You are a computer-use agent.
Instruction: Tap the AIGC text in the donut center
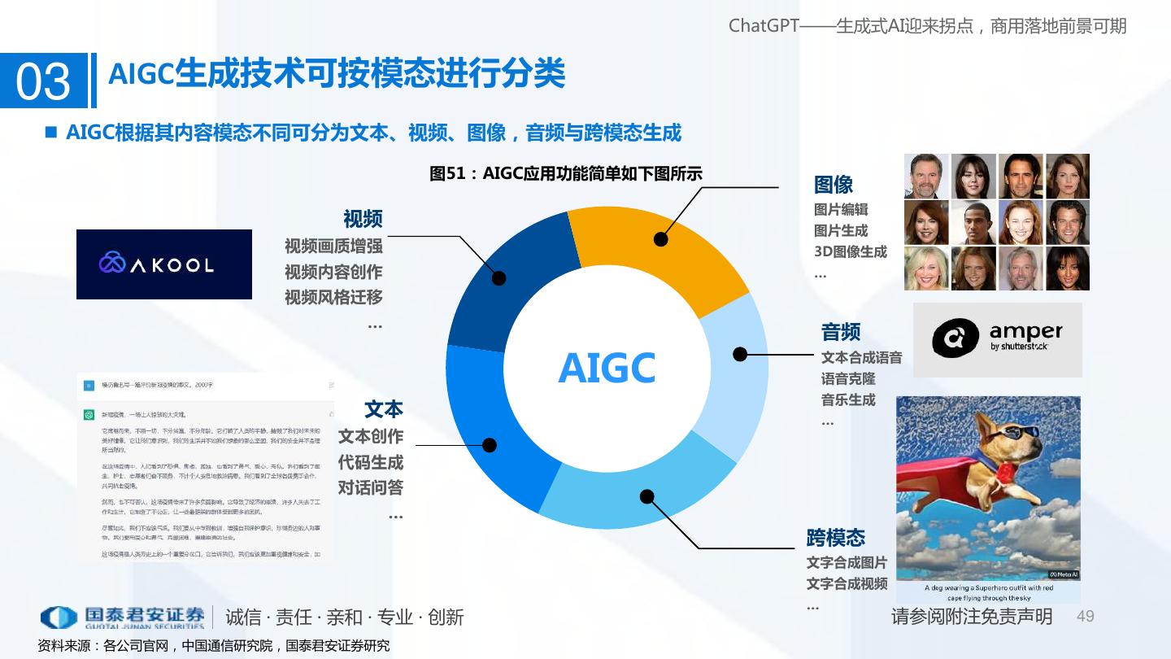[607, 368]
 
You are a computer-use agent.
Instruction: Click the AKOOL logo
[164, 264]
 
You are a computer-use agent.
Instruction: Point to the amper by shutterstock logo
[997, 339]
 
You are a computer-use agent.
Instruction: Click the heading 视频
[363, 219]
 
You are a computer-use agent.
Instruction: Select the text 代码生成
[371, 462]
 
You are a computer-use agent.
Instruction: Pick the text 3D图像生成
[851, 251]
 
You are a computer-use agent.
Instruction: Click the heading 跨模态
[836, 538]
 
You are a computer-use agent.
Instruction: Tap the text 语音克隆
[848, 379]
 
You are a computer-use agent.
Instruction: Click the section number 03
[43, 81]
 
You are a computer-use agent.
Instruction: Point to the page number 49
[1086, 616]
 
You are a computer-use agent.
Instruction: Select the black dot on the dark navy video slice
[499, 278]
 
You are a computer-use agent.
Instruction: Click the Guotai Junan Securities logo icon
[59, 618]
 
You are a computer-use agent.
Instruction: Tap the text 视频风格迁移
[333, 297]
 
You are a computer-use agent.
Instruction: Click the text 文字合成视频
[847, 584]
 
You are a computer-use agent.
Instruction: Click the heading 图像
[834, 185]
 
